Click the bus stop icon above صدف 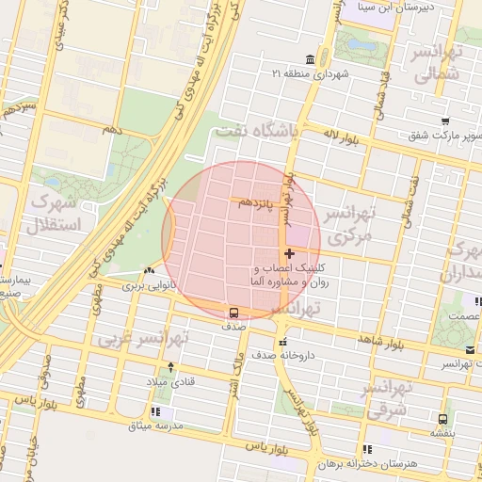[x=233, y=313]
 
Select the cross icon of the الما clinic [x=288, y=253]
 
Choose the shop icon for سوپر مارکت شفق [x=444, y=121]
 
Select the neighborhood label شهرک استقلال [x=56, y=213]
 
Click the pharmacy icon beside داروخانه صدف [x=280, y=342]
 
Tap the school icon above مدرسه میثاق [x=154, y=411]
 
